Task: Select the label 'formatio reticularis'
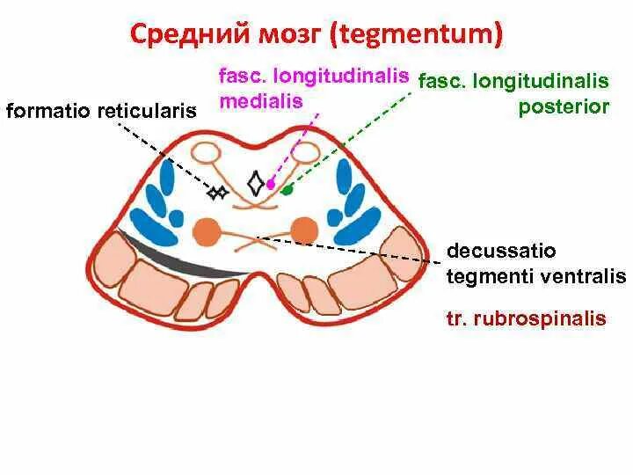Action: [x=100, y=111]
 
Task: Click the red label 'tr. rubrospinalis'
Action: [x=526, y=318]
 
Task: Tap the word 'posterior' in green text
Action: [x=564, y=106]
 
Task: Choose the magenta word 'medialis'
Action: [x=261, y=101]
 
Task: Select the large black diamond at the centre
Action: [x=256, y=183]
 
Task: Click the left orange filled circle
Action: [x=207, y=231]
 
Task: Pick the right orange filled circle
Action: [x=304, y=230]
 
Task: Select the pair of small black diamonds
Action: [x=217, y=191]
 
